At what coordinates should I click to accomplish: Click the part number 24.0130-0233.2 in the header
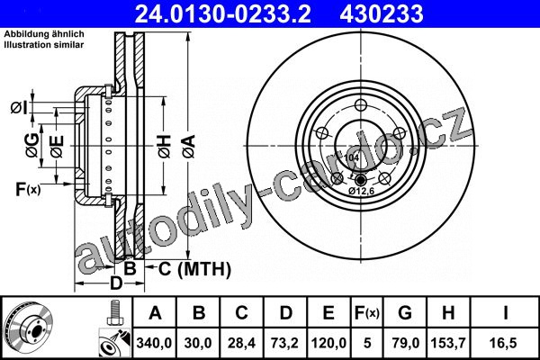(223, 13)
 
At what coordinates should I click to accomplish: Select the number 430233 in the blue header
(382, 13)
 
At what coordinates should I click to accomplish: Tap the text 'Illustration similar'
(44, 45)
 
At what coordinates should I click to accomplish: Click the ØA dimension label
(189, 147)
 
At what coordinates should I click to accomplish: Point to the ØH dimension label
(165, 147)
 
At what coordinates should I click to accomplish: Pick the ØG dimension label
(32, 146)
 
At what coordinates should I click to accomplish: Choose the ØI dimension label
(19, 108)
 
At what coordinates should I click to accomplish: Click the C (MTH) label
(194, 269)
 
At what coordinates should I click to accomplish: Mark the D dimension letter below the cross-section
(116, 283)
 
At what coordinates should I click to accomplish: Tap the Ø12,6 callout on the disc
(361, 191)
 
